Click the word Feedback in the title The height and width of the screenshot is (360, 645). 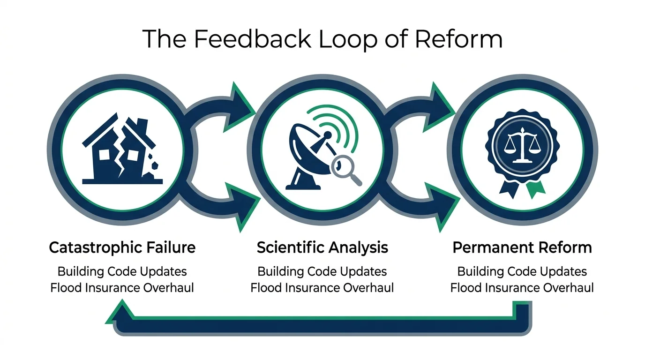(x=252, y=39)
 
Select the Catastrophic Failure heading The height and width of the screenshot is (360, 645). (x=122, y=247)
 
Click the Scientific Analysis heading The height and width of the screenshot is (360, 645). (x=322, y=247)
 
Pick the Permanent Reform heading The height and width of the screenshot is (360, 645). (x=522, y=247)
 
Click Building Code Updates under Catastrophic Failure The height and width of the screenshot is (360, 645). (x=122, y=271)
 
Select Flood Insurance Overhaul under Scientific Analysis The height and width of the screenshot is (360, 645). (x=322, y=287)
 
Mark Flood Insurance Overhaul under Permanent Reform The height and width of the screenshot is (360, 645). (x=522, y=287)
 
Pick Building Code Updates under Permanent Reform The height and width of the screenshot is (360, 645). (x=522, y=271)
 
